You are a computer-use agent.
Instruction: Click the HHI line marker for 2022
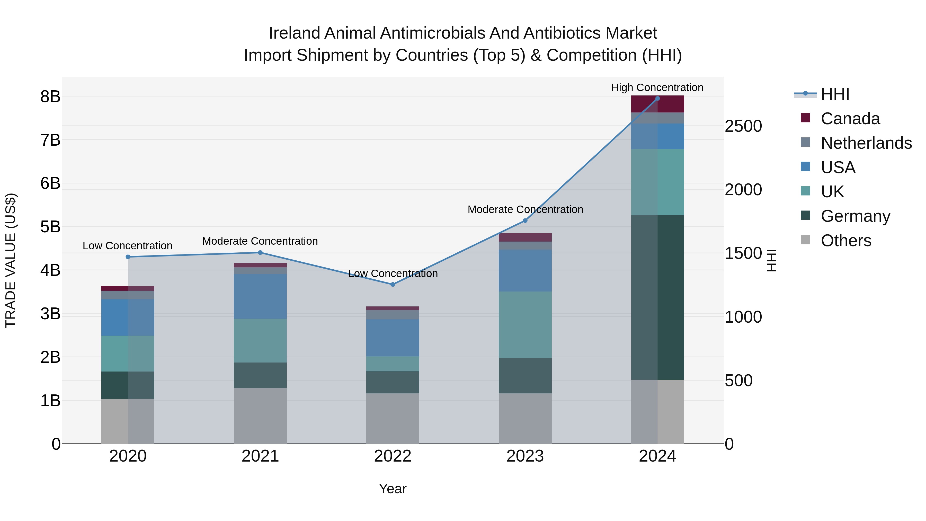[x=393, y=284]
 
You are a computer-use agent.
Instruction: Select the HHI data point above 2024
[x=657, y=99]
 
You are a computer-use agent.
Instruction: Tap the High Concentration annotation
[x=657, y=87]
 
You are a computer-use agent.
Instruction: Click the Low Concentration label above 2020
[x=128, y=246]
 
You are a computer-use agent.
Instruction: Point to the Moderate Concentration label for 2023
[x=525, y=209]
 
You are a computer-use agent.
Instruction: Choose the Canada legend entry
[x=850, y=119]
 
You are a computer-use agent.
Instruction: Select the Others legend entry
[x=846, y=241]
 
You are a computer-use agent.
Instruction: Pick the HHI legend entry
[x=835, y=94]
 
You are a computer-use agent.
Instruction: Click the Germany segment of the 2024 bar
[x=657, y=297]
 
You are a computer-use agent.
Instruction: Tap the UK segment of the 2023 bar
[x=525, y=325]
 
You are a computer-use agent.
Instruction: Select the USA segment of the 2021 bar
[x=260, y=296]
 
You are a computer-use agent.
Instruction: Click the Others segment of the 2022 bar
[x=393, y=419]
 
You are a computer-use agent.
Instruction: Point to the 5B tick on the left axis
[x=50, y=227]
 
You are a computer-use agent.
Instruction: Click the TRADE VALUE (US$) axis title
[x=11, y=260]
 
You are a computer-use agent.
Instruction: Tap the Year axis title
[x=393, y=489]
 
